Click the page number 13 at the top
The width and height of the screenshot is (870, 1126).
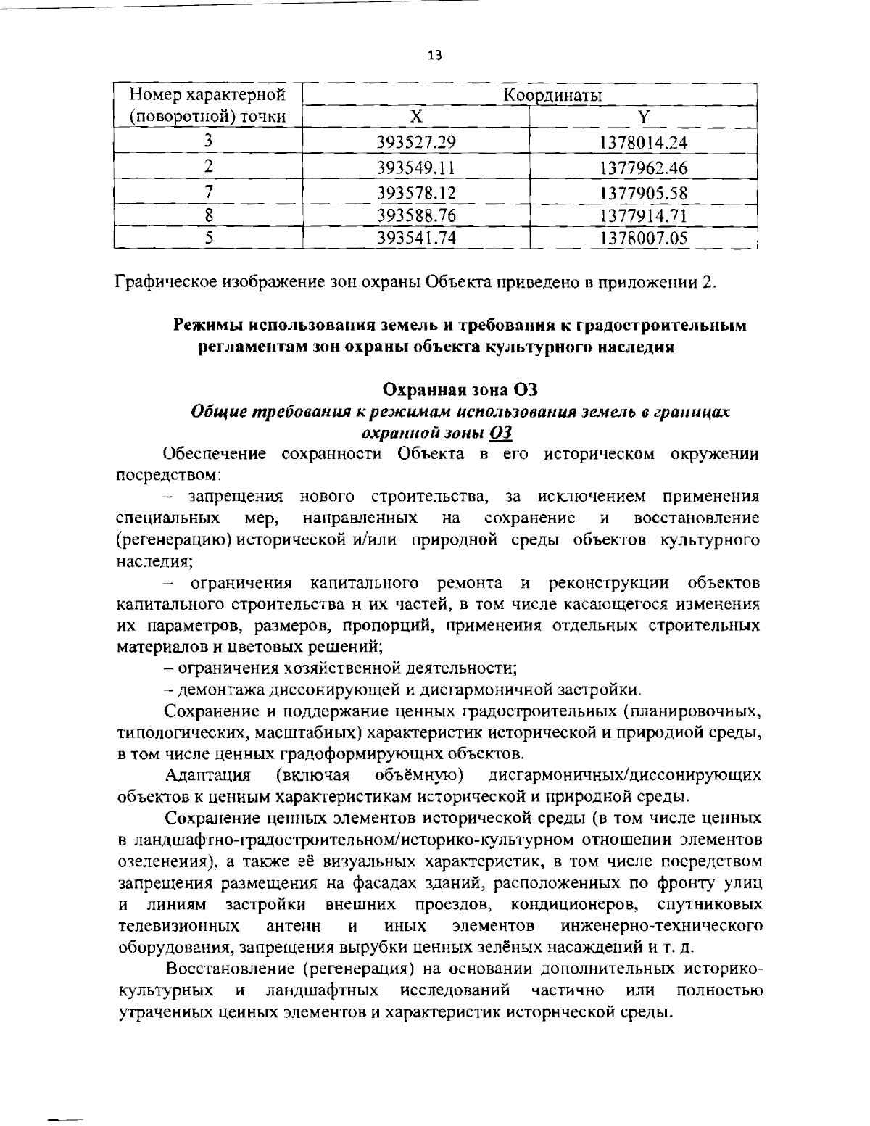pos(435,56)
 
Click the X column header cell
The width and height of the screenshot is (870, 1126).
pos(415,117)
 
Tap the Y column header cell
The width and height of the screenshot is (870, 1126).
pos(643,117)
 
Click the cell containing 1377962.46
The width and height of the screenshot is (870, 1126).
pos(644,168)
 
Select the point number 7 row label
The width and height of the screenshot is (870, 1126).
pos(208,192)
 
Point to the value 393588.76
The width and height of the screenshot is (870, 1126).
pos(415,215)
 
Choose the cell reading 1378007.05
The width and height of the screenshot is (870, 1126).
pos(644,237)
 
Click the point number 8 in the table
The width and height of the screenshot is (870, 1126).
pos(208,215)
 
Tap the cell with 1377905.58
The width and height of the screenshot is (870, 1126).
pos(644,193)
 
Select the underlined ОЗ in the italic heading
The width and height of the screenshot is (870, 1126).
pos(502,433)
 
